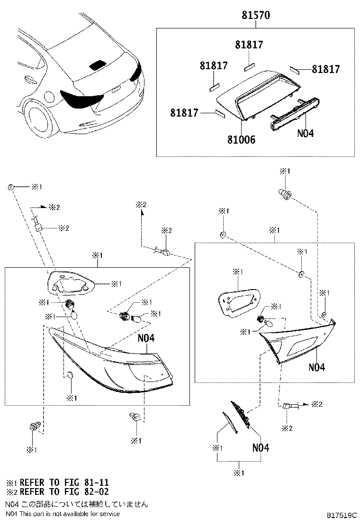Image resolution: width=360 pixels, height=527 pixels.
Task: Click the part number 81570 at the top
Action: click(x=256, y=16)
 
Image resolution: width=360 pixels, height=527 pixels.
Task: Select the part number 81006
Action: click(x=242, y=140)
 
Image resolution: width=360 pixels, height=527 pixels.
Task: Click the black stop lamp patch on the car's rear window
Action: click(x=98, y=65)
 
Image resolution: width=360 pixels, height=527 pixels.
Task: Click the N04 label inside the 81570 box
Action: click(x=306, y=133)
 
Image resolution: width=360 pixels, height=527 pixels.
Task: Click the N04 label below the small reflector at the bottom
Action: click(x=261, y=447)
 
